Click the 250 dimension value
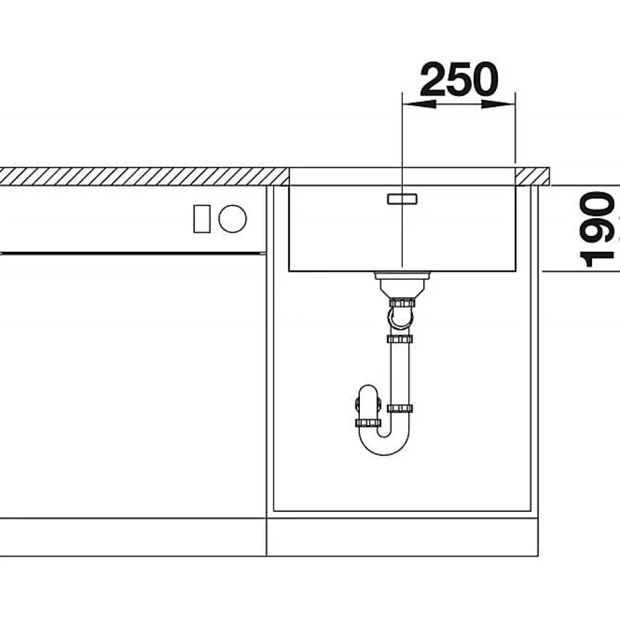point(459,79)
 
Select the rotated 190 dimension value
point(597,229)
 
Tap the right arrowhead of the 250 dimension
point(498,104)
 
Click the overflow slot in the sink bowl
point(402,199)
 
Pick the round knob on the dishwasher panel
point(233,219)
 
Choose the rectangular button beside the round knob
point(201,219)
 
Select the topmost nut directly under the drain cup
point(402,304)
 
